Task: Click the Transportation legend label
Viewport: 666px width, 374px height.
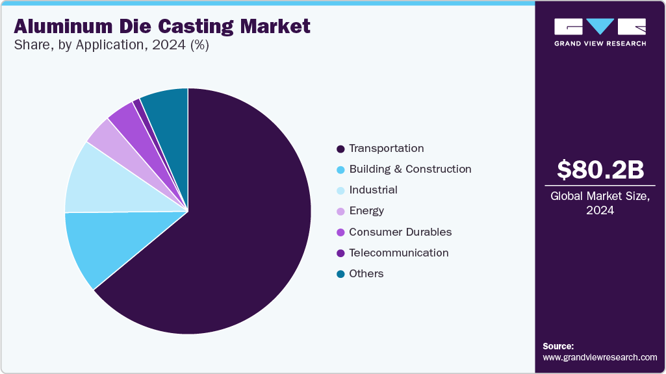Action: click(x=386, y=149)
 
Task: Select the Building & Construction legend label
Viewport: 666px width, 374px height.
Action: click(x=410, y=169)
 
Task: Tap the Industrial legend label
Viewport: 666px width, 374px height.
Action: click(x=373, y=190)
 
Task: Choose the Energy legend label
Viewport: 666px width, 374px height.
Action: click(x=366, y=211)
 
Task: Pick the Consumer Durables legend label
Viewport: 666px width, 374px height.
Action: click(x=400, y=232)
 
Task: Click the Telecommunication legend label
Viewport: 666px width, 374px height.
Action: click(x=398, y=253)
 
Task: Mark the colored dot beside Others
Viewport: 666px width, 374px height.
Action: click(x=340, y=274)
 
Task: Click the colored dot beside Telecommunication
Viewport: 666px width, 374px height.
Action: click(x=340, y=253)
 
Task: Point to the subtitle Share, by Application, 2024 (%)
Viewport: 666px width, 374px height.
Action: click(x=111, y=47)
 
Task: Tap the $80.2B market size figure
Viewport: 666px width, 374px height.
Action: click(x=600, y=170)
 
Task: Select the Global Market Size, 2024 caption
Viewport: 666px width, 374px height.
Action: click(x=600, y=203)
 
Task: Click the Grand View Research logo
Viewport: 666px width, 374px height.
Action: click(x=600, y=32)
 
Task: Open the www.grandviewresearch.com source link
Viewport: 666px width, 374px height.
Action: click(x=600, y=357)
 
